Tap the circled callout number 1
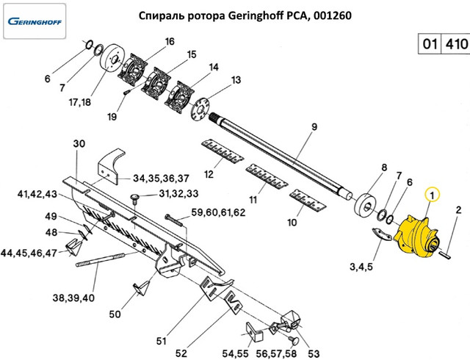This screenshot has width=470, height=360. click(433, 195)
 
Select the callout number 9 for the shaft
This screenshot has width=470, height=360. click(314, 126)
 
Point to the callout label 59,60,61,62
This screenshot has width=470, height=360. click(218, 212)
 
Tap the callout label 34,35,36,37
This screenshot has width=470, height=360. click(161, 178)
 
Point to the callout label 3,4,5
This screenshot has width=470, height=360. click(362, 265)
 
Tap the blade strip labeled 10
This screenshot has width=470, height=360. click(308, 201)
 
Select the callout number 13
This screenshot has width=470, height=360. click(236, 80)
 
